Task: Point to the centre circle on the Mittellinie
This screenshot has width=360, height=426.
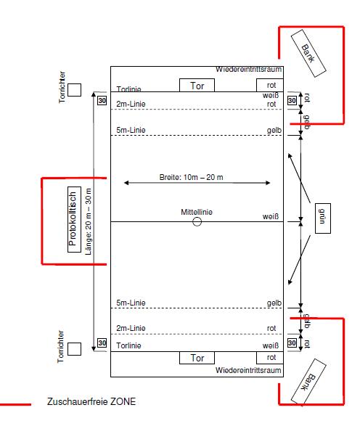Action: (x=197, y=218)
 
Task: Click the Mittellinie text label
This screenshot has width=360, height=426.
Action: (x=197, y=212)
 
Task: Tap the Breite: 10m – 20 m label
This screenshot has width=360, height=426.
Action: (x=191, y=177)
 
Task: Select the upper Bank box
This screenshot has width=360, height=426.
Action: (x=308, y=53)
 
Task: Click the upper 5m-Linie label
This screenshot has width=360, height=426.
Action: (x=131, y=130)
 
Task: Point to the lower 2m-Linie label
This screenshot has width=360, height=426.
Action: (x=131, y=328)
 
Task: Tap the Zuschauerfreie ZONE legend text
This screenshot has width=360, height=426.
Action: (x=91, y=401)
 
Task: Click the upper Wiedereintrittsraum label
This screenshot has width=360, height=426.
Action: (x=249, y=69)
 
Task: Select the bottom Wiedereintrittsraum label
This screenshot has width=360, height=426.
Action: (x=248, y=370)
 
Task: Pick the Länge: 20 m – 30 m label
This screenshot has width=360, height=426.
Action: (x=89, y=221)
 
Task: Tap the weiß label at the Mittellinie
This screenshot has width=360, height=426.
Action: (x=271, y=216)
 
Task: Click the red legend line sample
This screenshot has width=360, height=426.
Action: (x=15, y=404)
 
